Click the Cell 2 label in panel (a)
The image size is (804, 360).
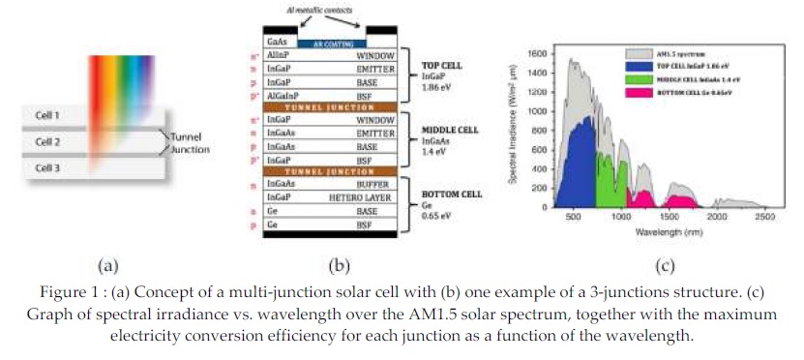point(47,141)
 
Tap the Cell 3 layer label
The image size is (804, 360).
point(47,167)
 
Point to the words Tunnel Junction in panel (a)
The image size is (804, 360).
point(189,143)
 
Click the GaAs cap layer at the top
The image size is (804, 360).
point(277,43)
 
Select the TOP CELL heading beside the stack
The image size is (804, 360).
point(442,66)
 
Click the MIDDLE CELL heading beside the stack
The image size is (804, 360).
point(448,130)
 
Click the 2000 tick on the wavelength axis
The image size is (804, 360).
point(717,218)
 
